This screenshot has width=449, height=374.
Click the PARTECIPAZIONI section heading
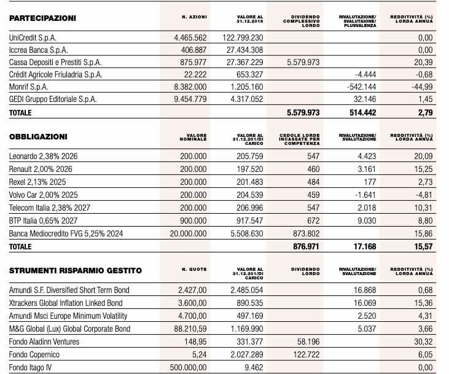coord(42,18)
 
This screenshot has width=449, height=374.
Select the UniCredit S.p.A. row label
coord(33,38)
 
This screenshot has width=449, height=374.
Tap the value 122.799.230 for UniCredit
coord(243,38)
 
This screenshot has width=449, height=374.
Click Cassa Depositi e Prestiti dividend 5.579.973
coord(303,63)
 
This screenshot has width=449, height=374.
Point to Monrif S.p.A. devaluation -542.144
coord(361,87)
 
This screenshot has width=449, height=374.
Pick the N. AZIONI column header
coord(194,17)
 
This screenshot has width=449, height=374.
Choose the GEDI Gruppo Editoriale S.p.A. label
coord(53,99)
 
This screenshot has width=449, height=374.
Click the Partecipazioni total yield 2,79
coord(425,113)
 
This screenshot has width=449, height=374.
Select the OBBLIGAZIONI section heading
coord(38,137)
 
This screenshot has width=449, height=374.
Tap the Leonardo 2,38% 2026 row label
coord(43,157)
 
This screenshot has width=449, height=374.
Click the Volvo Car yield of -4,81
coord(424,195)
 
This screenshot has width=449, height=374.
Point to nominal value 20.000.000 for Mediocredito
coord(188,234)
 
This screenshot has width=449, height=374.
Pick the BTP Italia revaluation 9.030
coord(367,221)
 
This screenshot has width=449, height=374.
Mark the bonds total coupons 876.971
coord(306,246)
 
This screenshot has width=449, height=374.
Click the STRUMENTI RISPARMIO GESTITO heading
coord(76,271)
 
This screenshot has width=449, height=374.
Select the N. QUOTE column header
coord(194,270)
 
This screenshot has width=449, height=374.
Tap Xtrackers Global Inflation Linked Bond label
coord(66,303)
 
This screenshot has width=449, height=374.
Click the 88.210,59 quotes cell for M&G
coord(190,329)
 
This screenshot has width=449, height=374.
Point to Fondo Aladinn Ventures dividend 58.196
coord(308,341)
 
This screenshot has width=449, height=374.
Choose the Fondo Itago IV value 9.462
coord(254,367)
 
